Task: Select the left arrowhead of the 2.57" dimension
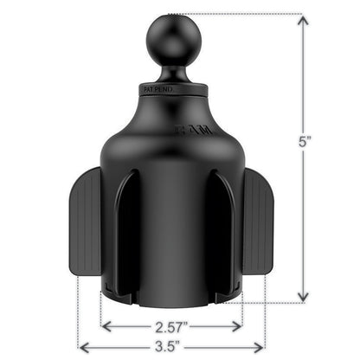(x=106, y=326)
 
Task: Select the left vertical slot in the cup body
(x=129, y=234)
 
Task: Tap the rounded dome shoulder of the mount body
(x=170, y=130)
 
